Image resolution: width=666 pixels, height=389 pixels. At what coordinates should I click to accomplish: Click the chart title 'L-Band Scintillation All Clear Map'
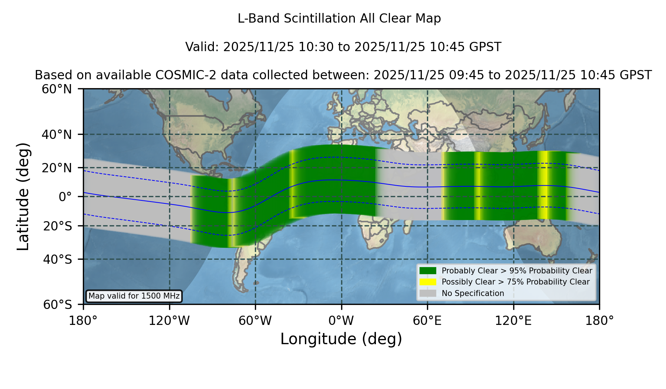(x=339, y=19)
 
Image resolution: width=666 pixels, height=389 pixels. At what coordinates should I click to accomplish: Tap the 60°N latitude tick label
(x=57, y=89)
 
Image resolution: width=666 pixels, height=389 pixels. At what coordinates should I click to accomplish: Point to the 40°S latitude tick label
(x=57, y=259)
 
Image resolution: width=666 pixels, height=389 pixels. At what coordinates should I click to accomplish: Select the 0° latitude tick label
(x=65, y=197)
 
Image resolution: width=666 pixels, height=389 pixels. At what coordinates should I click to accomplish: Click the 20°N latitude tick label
(x=57, y=168)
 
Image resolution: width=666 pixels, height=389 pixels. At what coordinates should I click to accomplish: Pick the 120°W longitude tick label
(x=169, y=320)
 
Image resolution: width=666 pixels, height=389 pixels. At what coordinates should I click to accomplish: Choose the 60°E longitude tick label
(x=427, y=320)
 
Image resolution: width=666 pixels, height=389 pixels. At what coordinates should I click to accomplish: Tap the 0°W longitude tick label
(x=341, y=320)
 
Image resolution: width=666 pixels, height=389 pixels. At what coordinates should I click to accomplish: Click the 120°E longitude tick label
(x=513, y=320)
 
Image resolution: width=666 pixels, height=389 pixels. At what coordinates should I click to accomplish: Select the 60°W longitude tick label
(x=255, y=320)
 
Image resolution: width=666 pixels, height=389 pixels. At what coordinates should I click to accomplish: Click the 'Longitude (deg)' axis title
(x=341, y=339)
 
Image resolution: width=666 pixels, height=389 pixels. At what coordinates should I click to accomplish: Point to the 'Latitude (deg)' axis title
(x=23, y=196)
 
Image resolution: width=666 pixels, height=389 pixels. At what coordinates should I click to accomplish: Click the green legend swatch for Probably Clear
(x=428, y=271)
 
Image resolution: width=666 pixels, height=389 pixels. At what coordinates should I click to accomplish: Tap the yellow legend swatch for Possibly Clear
(x=428, y=282)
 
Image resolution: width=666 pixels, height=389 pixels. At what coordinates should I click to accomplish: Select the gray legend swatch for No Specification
(x=428, y=293)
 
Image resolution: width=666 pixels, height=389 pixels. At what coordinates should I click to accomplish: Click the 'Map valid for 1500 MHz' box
(x=134, y=296)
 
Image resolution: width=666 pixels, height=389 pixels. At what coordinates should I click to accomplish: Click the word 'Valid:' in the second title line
(x=202, y=47)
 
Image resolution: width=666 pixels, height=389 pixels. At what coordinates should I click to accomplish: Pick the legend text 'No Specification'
(x=473, y=293)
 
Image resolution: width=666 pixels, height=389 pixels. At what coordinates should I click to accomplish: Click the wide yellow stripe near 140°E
(x=543, y=185)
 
